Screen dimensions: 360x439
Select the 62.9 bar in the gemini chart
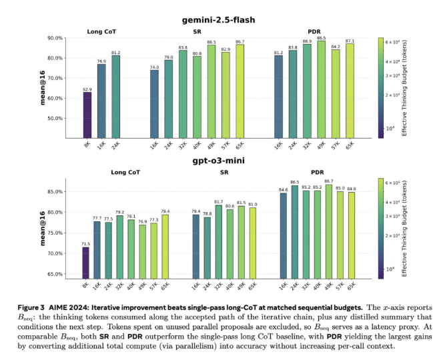pos(87,114)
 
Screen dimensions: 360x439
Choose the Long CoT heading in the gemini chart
pos(101,31)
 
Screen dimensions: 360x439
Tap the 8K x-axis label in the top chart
pos(87,143)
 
